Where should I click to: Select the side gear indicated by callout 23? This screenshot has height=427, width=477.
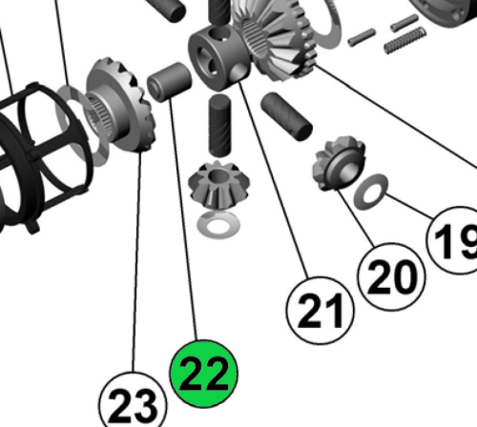pyautogui.click(x=122, y=106)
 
